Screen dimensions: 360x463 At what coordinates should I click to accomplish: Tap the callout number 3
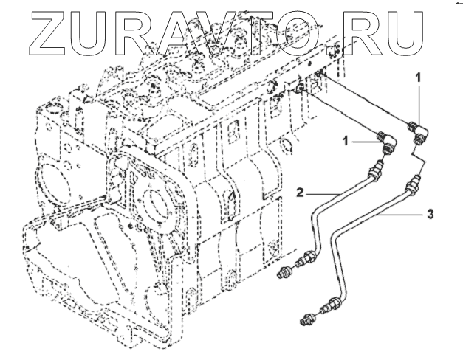tap(430, 215)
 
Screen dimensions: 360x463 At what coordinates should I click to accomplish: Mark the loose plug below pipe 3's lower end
tap(309, 320)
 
